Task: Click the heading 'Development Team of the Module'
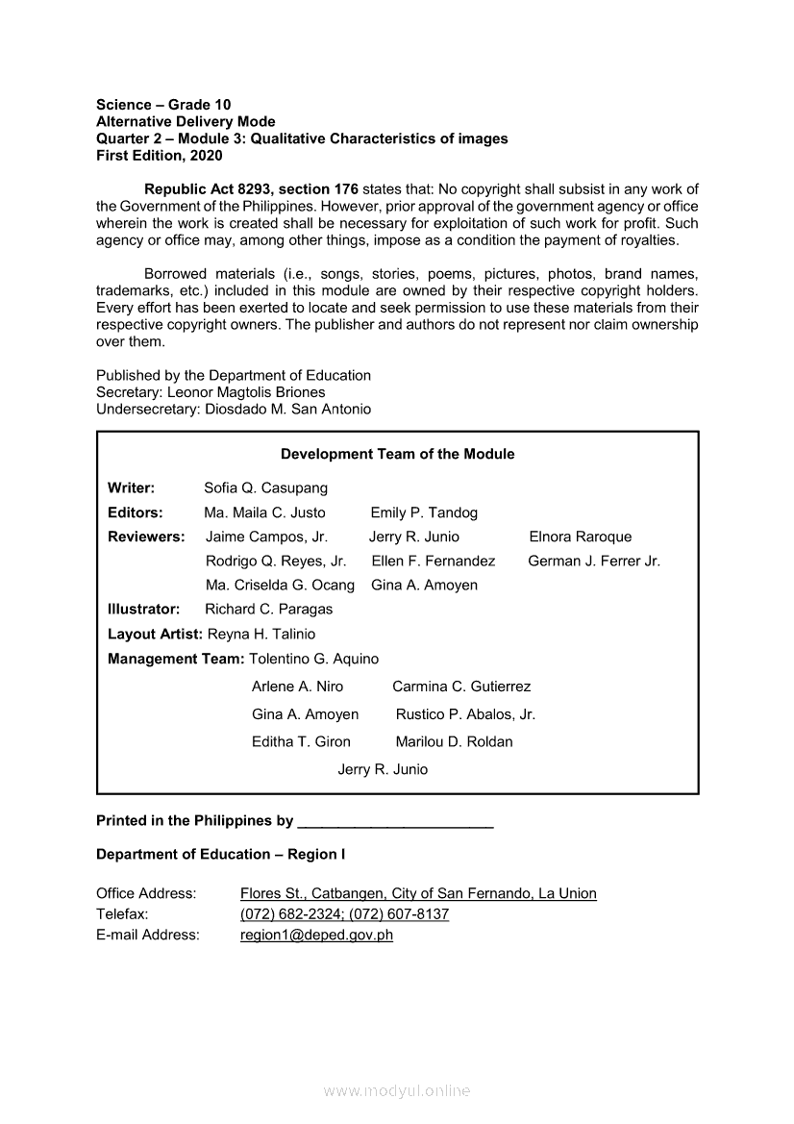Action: (x=397, y=454)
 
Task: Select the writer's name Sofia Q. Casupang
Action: (x=265, y=488)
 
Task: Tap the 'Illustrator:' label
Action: (x=144, y=609)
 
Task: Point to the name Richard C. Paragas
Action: (x=268, y=609)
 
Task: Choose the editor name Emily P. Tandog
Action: (x=424, y=512)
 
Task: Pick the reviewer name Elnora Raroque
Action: (x=581, y=537)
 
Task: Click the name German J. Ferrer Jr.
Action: (x=594, y=561)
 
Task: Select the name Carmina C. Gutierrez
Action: (x=461, y=687)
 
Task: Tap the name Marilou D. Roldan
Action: (x=454, y=741)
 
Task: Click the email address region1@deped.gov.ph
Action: (x=316, y=935)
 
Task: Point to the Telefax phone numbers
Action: (x=344, y=914)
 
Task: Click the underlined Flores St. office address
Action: (x=418, y=893)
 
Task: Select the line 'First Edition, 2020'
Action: (x=160, y=155)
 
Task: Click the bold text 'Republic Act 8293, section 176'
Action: (x=251, y=188)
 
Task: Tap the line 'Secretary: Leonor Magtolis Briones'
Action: (x=211, y=392)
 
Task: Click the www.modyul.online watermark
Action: (x=397, y=1090)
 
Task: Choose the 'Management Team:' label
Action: (x=176, y=659)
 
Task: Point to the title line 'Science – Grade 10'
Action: (x=163, y=104)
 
